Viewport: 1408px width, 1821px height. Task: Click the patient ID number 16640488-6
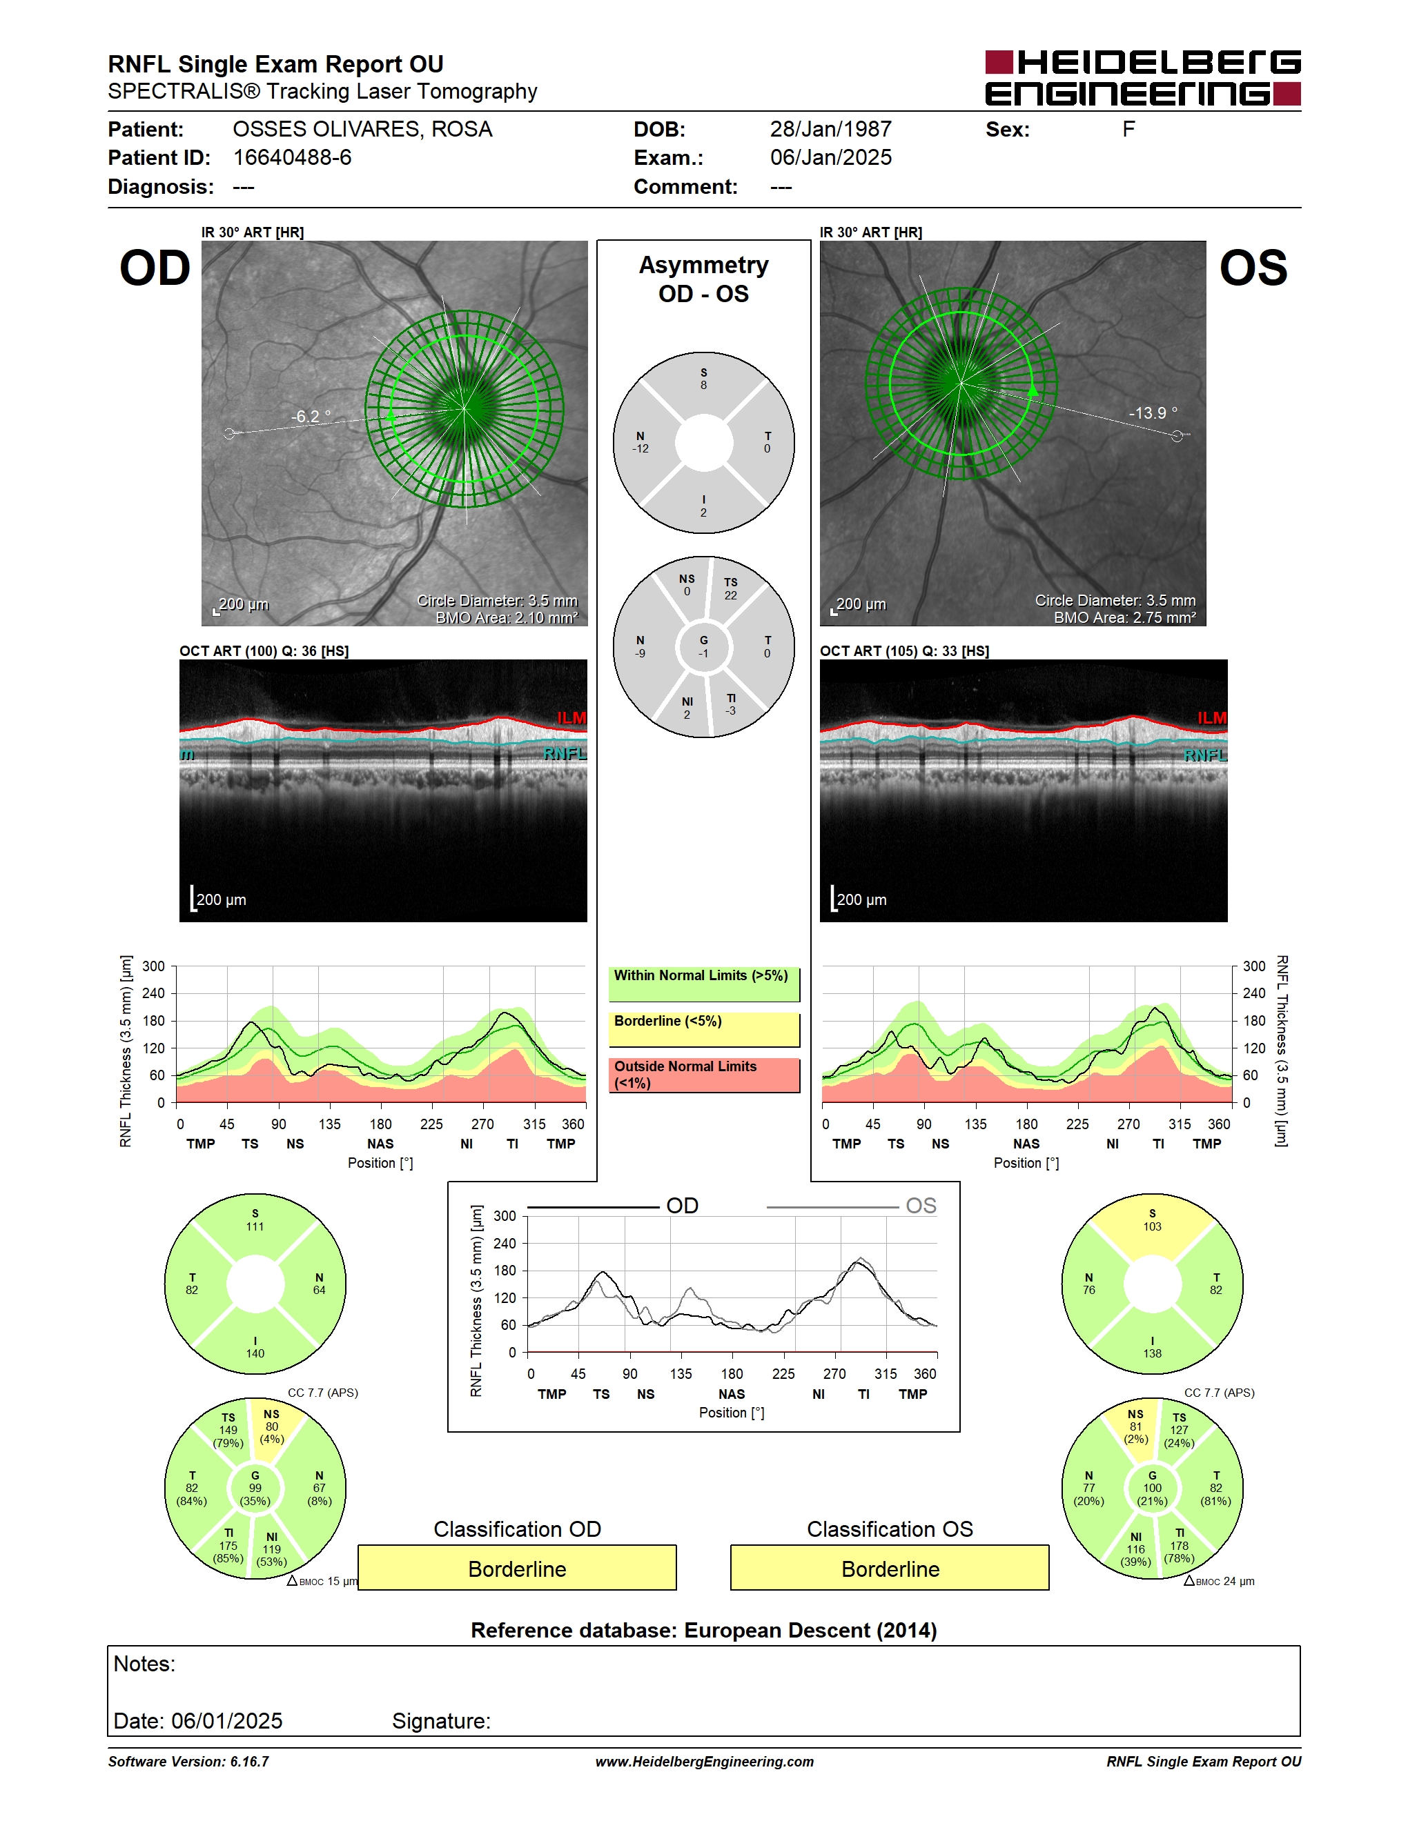tap(292, 157)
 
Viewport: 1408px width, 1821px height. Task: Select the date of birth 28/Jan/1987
tap(831, 129)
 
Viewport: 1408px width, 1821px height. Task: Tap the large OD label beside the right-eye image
tap(155, 268)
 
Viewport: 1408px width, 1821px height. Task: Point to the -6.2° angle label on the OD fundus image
tap(311, 416)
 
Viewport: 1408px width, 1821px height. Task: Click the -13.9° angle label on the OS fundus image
tap(1153, 412)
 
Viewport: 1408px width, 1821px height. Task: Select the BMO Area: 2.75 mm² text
tap(1124, 618)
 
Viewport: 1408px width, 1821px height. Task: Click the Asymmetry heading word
tap(704, 265)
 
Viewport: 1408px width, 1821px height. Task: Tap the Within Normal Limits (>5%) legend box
tap(704, 984)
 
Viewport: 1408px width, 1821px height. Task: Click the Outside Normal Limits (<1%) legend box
tap(704, 1075)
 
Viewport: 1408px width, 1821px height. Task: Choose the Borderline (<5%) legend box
tap(704, 1030)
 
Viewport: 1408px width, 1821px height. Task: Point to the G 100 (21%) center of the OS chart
tap(1152, 1489)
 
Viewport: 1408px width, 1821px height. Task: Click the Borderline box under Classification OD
tap(517, 1569)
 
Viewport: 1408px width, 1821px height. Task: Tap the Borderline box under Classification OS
tap(890, 1569)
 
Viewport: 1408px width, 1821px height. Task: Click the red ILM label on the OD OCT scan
tap(571, 718)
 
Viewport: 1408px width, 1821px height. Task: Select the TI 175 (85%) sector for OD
tap(228, 1546)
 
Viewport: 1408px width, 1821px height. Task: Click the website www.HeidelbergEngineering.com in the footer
tap(705, 1762)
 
